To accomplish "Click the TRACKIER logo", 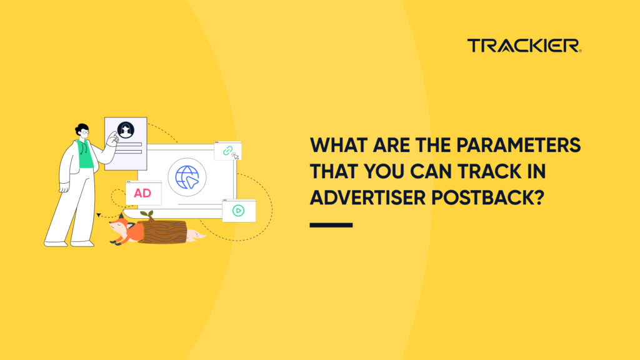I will [524, 46].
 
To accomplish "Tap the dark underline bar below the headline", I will [331, 225].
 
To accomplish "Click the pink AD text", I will [142, 193].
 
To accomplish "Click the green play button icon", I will [238, 211].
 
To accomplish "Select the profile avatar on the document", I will [125, 130].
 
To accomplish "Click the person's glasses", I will [85, 132].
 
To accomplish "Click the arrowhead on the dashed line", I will [98, 214].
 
